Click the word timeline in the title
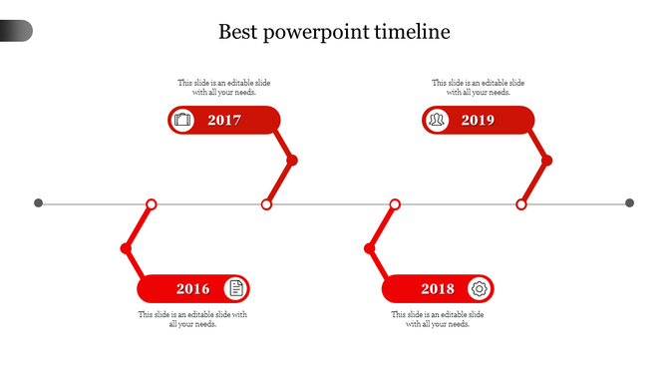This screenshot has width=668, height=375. (411, 32)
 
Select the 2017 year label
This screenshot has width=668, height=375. (224, 121)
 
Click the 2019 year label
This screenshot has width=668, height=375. (478, 121)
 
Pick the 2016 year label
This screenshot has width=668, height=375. (192, 289)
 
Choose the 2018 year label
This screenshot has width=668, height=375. (437, 289)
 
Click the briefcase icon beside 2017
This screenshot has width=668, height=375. (181, 121)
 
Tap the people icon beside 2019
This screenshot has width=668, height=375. (436, 121)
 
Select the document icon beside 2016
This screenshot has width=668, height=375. (235, 289)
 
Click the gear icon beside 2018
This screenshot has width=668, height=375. (480, 289)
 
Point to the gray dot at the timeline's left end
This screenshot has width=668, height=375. (39, 203)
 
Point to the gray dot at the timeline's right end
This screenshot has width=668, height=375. (629, 203)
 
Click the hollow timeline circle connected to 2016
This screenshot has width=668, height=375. (152, 204)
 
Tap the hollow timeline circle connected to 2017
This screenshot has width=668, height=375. (266, 204)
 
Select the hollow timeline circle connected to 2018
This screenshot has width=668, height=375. (395, 204)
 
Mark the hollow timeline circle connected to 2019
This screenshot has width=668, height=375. (520, 204)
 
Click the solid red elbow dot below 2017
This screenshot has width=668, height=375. (292, 161)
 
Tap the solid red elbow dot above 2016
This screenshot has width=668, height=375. (126, 248)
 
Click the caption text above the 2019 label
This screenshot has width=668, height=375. (478, 88)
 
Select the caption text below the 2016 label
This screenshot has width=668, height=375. (192, 319)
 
